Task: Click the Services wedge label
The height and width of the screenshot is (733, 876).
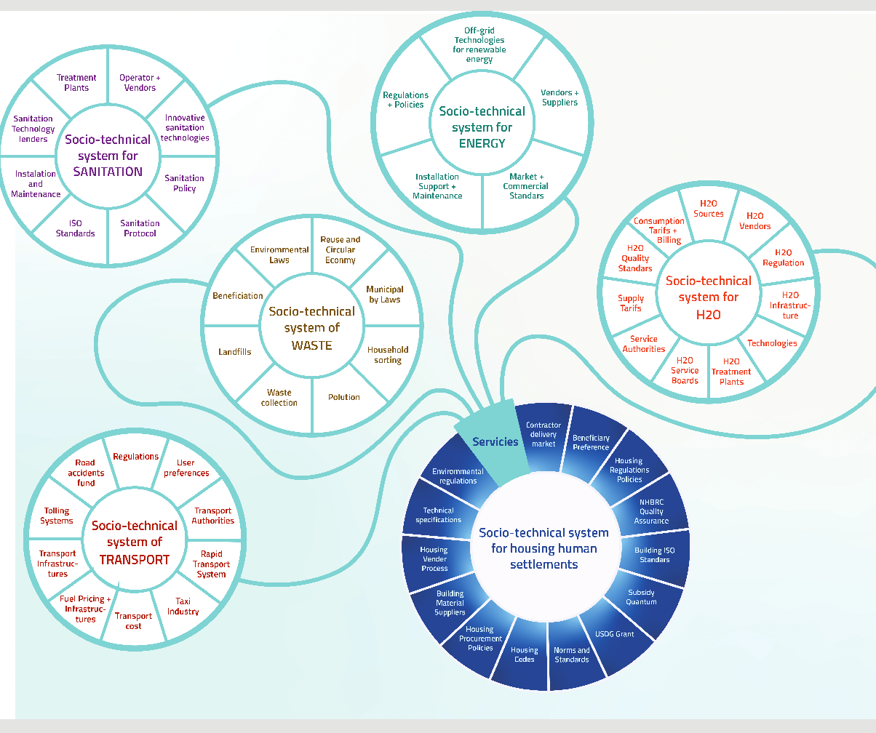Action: [x=495, y=441]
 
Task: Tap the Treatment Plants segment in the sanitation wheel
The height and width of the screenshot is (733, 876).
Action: [x=76, y=83]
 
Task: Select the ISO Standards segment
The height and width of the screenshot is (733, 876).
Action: [x=76, y=228]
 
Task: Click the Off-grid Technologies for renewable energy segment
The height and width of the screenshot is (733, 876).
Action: [x=479, y=45]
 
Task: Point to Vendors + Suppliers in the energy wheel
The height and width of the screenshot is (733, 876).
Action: [x=560, y=97]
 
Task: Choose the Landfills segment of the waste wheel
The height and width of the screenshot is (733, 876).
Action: [x=234, y=352]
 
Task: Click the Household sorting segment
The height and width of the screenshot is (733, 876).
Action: [x=388, y=355]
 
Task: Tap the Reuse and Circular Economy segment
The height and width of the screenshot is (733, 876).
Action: [x=341, y=249]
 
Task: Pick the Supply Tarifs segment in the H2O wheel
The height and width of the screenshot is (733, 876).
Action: [x=631, y=303]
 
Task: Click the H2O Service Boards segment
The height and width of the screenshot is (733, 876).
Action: [x=685, y=370]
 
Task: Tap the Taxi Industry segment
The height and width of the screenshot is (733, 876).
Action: [x=183, y=606]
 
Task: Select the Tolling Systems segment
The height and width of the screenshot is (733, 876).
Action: [x=57, y=516]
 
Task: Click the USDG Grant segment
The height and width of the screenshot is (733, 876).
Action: [x=614, y=634]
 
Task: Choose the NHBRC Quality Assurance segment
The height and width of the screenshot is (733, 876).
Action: [x=651, y=511]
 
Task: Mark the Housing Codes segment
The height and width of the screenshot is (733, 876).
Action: [x=524, y=654]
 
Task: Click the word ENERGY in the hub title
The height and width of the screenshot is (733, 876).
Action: [x=482, y=143]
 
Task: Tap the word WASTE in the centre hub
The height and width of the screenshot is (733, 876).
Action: [x=311, y=345]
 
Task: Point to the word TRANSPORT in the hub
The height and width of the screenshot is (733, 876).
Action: [x=134, y=560]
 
